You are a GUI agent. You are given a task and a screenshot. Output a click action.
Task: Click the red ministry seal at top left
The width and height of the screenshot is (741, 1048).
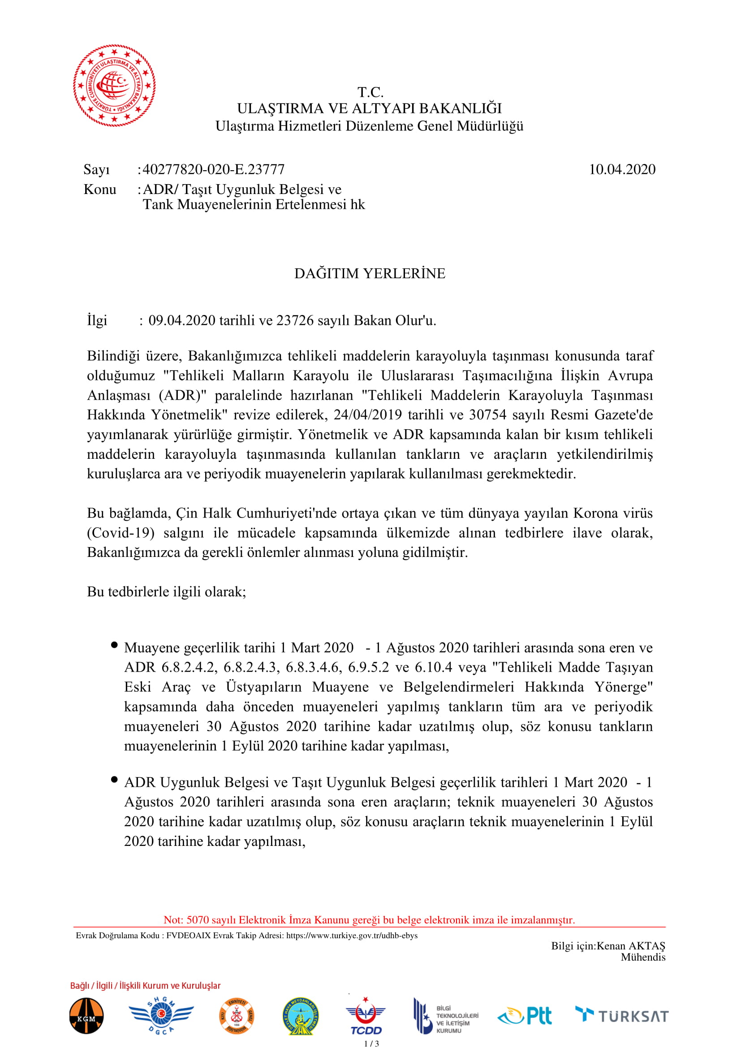114,86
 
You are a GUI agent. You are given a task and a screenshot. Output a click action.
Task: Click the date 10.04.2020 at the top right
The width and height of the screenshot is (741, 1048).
621,170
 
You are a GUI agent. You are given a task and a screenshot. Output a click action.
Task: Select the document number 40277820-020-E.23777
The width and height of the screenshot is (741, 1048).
214,170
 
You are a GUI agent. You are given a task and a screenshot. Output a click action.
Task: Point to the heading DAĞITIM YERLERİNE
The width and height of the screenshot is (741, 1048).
370,273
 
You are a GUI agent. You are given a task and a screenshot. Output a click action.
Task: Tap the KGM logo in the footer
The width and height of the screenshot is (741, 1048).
86,1016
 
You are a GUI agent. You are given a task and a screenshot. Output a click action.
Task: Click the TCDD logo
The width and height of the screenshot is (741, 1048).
366,1016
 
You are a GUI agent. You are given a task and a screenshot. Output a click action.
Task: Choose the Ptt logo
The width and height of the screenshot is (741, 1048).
525,1016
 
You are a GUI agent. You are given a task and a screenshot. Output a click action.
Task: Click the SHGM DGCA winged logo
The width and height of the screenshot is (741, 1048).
161,1015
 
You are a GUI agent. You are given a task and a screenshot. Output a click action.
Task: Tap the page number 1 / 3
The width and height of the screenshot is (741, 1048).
371,1044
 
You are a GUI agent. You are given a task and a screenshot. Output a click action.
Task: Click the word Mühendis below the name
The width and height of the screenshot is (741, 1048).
643,957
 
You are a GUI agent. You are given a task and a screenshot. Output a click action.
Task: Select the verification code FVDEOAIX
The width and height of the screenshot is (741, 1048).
189,935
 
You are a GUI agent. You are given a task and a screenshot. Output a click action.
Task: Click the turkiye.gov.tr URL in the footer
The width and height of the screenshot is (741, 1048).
351,935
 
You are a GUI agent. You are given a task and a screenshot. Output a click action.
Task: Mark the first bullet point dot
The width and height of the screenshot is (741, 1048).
114,645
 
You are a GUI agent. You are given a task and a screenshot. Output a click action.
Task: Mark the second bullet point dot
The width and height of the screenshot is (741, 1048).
114,780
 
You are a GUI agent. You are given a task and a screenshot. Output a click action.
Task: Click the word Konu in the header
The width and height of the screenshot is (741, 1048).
100,190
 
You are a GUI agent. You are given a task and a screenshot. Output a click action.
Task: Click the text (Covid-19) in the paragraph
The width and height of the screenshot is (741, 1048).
121,533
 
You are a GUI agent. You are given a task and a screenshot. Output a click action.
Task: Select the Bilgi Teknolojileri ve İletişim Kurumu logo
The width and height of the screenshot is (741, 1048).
445,1016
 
